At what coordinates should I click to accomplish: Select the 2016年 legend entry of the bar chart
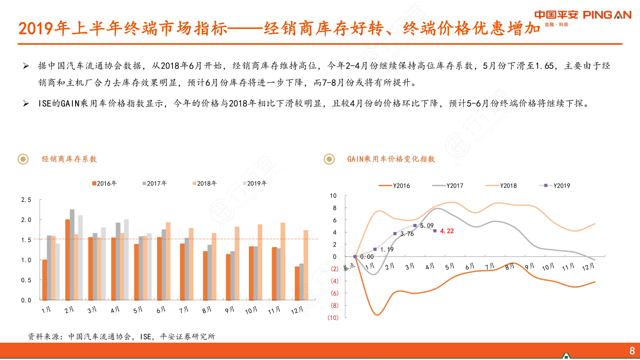point(104,183)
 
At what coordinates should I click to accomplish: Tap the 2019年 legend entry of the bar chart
point(255,183)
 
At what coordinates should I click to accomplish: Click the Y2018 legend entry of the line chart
point(502,186)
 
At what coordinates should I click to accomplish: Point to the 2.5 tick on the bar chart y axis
point(26,200)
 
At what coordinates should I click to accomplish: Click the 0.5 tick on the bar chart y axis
point(26,280)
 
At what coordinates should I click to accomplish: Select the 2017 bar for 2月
point(72,255)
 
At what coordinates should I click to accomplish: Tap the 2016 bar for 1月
point(44,280)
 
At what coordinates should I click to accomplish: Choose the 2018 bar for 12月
point(306,265)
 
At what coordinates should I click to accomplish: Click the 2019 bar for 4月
point(126,260)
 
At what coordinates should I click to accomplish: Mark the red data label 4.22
point(447,231)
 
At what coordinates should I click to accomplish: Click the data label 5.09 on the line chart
point(427,226)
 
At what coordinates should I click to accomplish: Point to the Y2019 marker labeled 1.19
point(375,249)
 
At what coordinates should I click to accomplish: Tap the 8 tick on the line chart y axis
point(335,208)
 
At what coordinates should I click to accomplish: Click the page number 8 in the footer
point(632,351)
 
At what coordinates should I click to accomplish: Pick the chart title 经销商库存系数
point(69,159)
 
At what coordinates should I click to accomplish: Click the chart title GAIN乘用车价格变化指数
point(391,159)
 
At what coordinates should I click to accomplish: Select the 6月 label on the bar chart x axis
point(161,310)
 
